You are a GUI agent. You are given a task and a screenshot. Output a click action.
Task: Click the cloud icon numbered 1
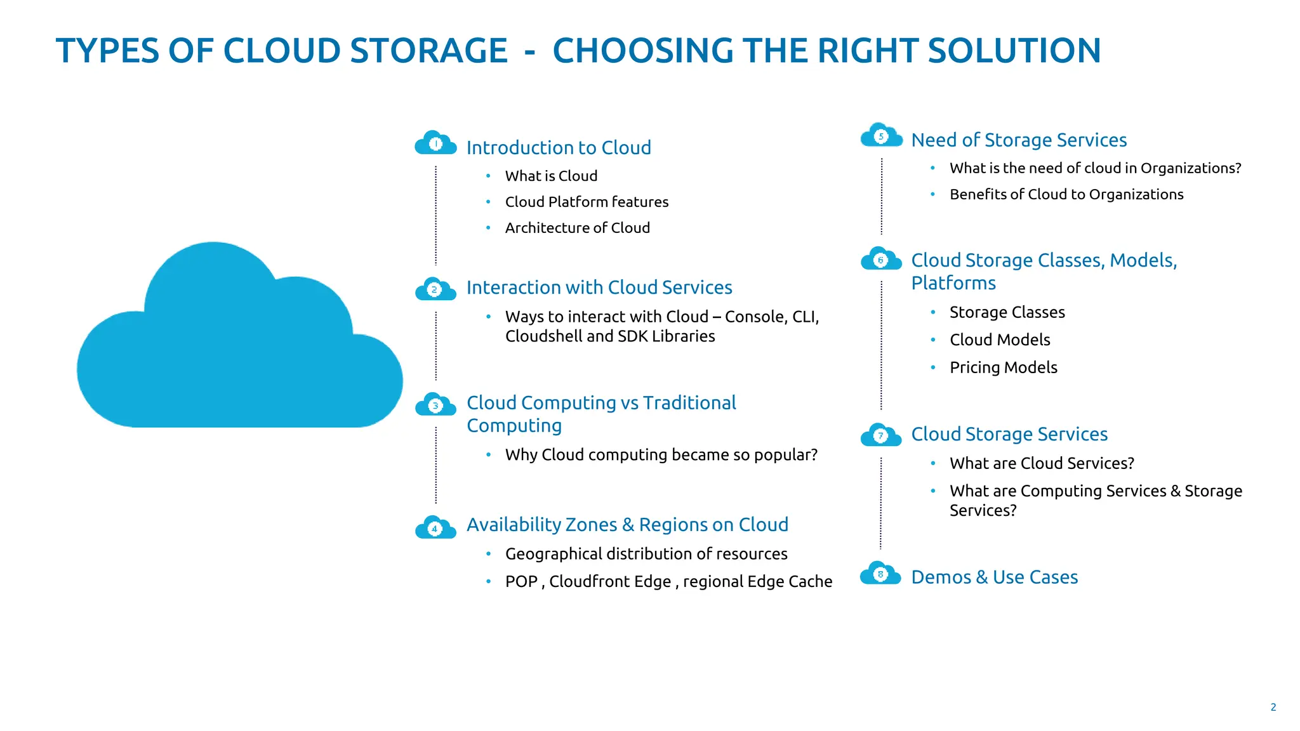pos(435,144)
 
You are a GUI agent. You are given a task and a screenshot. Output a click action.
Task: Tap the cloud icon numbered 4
pos(435,528)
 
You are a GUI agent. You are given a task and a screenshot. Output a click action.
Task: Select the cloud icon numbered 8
pos(880,574)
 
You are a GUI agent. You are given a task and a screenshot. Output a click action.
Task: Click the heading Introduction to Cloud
pos(559,148)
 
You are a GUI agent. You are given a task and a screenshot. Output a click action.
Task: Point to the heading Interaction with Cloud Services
pos(599,287)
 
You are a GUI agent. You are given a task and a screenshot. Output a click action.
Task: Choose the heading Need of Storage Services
pos(1019,140)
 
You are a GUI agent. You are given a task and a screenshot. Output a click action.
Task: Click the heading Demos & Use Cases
pos(994,577)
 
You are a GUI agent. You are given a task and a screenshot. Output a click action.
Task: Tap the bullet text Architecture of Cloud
pos(577,228)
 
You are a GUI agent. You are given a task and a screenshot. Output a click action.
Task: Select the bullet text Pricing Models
pos(1003,367)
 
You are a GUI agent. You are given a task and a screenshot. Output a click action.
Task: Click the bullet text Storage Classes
pos(1007,312)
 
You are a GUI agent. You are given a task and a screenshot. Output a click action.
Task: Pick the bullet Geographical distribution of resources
pos(646,554)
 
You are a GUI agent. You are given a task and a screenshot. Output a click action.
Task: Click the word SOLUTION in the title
pos(1014,51)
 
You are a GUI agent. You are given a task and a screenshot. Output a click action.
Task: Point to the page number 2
pos(1273,707)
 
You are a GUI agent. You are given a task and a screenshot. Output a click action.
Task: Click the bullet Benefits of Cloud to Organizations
pos(1066,194)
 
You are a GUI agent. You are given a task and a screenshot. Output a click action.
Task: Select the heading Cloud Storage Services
pos(1009,434)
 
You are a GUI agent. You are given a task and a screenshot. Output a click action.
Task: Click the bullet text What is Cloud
pos(551,176)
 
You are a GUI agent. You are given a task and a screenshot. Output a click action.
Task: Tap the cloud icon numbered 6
pos(880,260)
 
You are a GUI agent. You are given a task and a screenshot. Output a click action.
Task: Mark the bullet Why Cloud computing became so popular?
pos(661,455)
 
